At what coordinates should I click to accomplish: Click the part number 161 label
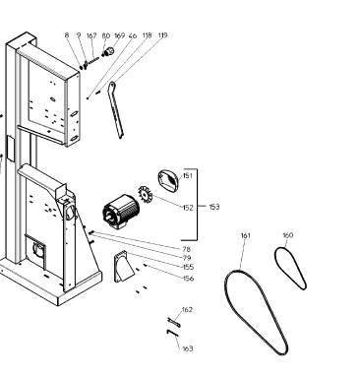[246, 235]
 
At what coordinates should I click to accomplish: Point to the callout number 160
[287, 235]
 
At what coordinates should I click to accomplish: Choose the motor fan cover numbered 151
[169, 179]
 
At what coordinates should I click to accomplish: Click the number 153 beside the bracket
[214, 207]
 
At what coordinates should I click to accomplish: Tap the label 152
[188, 208]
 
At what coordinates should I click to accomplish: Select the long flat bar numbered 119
[116, 110]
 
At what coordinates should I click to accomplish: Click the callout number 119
[162, 35]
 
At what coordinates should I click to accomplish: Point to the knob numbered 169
[108, 51]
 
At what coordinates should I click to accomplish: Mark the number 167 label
[91, 35]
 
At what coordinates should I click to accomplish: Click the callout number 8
[67, 35]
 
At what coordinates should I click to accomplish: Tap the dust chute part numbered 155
[123, 267]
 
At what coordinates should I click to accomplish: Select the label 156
[188, 279]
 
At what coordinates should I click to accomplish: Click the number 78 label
[186, 249]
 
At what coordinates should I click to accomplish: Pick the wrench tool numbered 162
[174, 322]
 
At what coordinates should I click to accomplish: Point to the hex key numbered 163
[172, 333]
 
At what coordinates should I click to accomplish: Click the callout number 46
[133, 35]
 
